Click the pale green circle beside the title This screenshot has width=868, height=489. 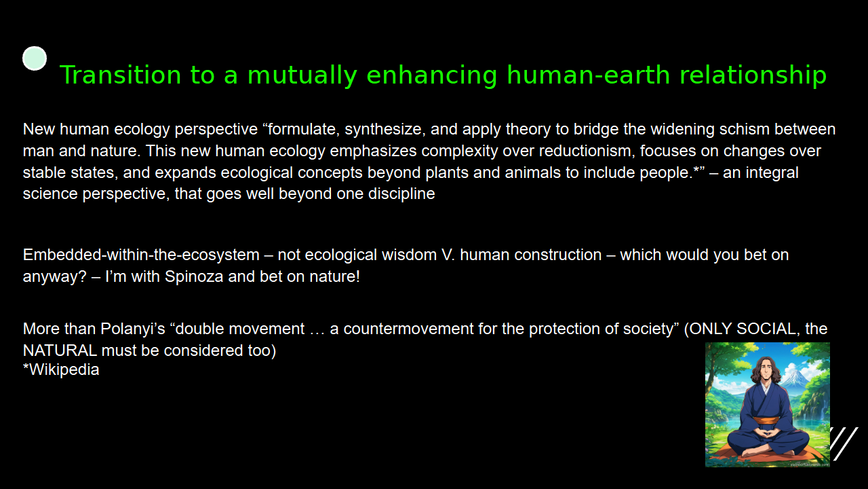click(35, 58)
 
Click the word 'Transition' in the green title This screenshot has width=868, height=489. click(121, 75)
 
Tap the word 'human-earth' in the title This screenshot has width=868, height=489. click(588, 75)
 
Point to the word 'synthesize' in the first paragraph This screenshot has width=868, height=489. click(384, 129)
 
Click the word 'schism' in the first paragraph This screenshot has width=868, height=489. click(745, 129)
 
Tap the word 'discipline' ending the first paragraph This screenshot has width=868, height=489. click(401, 194)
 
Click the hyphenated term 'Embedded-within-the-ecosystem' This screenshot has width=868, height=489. click(141, 255)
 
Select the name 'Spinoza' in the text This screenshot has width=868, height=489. click(194, 276)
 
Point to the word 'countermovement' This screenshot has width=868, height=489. click(408, 329)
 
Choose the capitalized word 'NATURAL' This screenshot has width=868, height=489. click(60, 350)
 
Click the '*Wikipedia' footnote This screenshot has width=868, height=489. click(61, 369)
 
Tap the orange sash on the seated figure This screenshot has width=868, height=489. click(766, 420)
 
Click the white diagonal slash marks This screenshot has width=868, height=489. click(844, 444)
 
